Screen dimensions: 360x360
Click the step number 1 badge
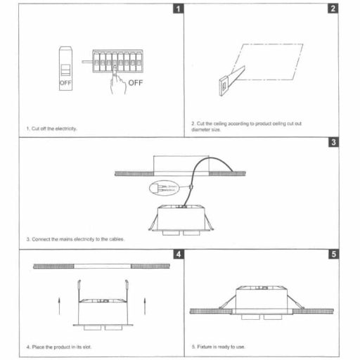179,10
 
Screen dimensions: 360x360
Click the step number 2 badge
333,10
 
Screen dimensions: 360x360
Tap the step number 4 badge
179,254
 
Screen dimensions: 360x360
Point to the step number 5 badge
333,254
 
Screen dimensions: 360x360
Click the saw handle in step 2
222,85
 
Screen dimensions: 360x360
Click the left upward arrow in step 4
58,306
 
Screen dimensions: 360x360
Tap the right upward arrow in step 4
145,306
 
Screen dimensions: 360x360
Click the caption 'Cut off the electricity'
52,129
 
